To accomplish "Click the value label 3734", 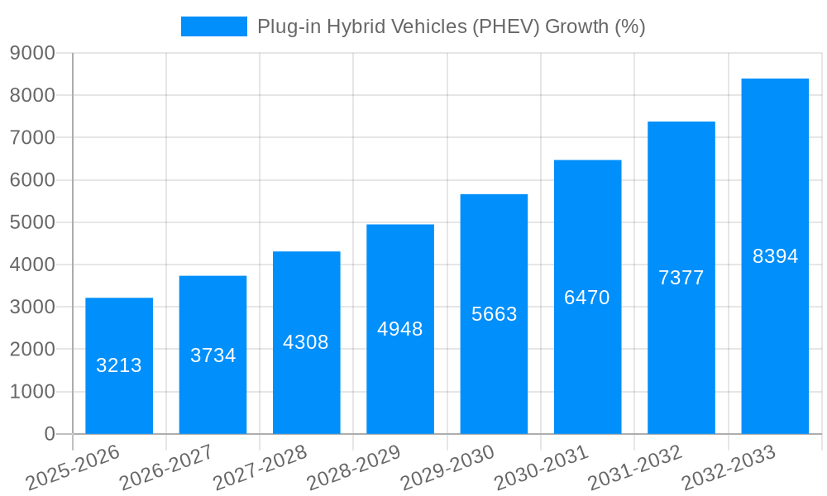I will coord(213,355).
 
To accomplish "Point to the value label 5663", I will coord(495,314).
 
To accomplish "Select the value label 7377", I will coord(681,278).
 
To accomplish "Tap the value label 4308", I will coord(306,342).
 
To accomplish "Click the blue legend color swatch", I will coord(213,26).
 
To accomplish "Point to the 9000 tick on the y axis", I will coord(32,53).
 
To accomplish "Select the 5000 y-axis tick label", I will coord(32,222).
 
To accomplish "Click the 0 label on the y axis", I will coord(49,434).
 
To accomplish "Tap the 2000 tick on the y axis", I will coord(32,350).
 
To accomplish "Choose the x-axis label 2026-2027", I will coord(166,468).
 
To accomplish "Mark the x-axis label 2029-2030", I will coord(447,468).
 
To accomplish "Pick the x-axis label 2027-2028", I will coord(260,468).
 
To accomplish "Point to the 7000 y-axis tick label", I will coord(32,138).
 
